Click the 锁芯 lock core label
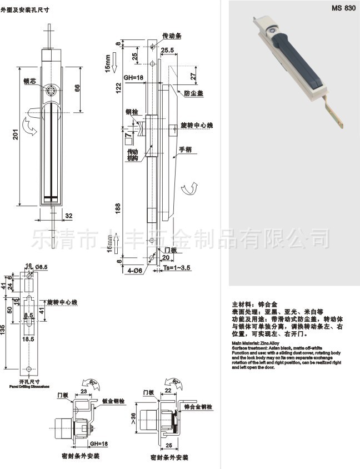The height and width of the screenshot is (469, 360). click(30, 80)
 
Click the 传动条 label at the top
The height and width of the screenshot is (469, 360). click(172, 35)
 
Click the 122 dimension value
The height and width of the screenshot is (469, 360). click(117, 87)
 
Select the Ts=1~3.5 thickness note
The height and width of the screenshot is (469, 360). click(177, 267)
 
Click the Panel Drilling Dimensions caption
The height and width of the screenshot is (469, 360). click(29, 385)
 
